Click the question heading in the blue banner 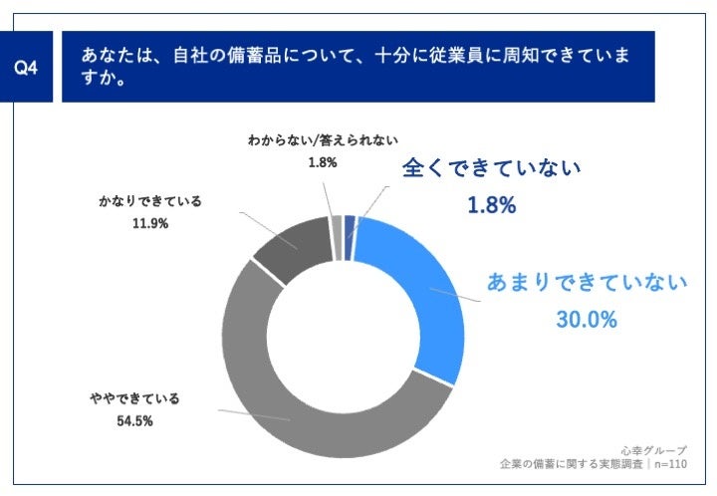pos(355,65)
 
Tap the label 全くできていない pos(491,168)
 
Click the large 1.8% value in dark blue pos(491,206)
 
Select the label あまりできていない pos(587,282)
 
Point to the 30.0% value pos(586,320)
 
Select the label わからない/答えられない pos(315,141)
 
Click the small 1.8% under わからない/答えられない pos(323,162)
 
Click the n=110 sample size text pos(669,465)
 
